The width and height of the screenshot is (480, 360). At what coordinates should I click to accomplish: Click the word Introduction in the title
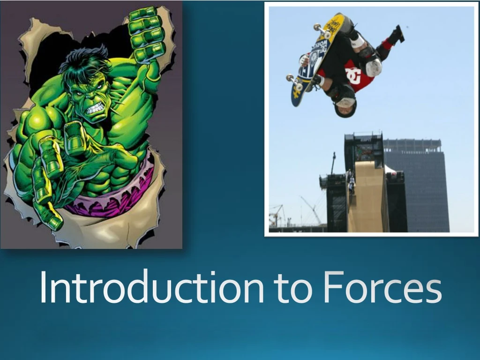tap(151, 287)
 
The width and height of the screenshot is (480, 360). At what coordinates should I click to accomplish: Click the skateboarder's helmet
tap(346, 105)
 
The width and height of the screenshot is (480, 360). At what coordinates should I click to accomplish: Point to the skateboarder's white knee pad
tap(374, 67)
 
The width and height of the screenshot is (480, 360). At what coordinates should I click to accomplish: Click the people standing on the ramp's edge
tap(350, 182)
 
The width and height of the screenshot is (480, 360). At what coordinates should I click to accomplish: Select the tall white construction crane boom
tap(311, 209)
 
